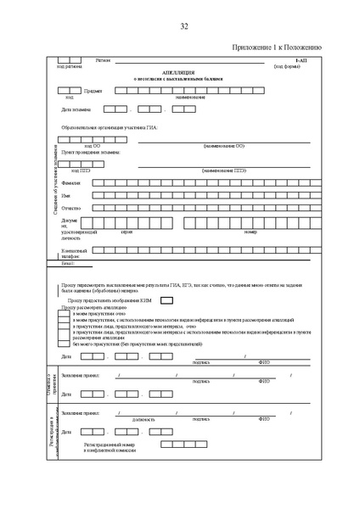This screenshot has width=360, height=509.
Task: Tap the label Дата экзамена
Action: pyautogui.click(x=76, y=109)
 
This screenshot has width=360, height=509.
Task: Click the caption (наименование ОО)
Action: pyautogui.click(x=223, y=146)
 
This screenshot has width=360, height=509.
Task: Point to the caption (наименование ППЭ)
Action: pyautogui.click(x=223, y=170)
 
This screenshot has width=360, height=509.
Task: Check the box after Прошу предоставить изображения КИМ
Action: pyautogui.click(x=167, y=299)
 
